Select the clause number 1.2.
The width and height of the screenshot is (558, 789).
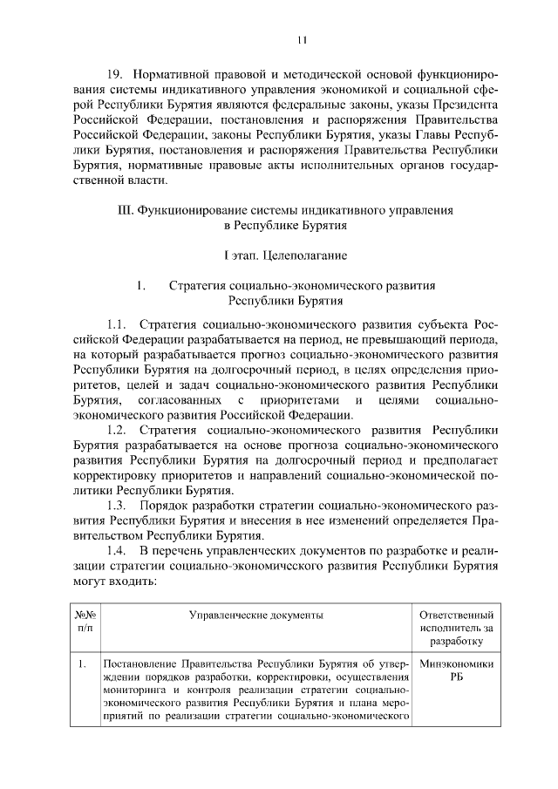[119, 430]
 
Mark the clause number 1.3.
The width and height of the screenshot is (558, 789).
[119, 506]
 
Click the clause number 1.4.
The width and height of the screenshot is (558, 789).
[119, 551]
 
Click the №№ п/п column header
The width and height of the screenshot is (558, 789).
[85, 621]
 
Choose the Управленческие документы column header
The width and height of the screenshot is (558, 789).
[256, 615]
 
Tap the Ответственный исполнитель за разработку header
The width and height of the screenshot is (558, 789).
[456, 628]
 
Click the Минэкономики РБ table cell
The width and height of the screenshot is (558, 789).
[456, 670]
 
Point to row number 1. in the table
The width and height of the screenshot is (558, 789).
[81, 663]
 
